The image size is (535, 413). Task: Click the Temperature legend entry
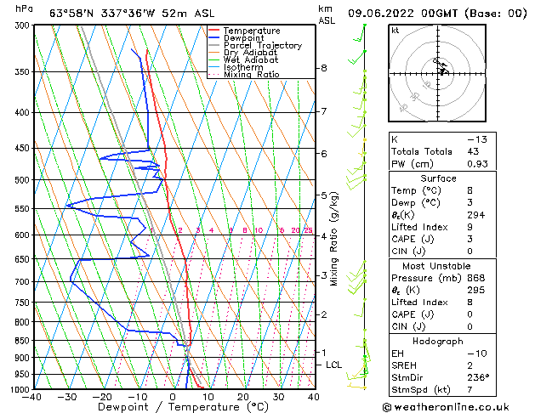(x=252, y=31)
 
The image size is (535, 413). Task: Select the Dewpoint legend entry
(x=244, y=38)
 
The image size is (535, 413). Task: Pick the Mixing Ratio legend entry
(x=252, y=75)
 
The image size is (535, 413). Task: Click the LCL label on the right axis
(x=333, y=365)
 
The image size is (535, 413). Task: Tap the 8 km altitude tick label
(x=323, y=68)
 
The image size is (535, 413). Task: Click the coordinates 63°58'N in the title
(x=74, y=13)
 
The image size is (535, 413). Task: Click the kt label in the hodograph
(x=395, y=30)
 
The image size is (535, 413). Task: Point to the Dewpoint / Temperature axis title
(x=174, y=408)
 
